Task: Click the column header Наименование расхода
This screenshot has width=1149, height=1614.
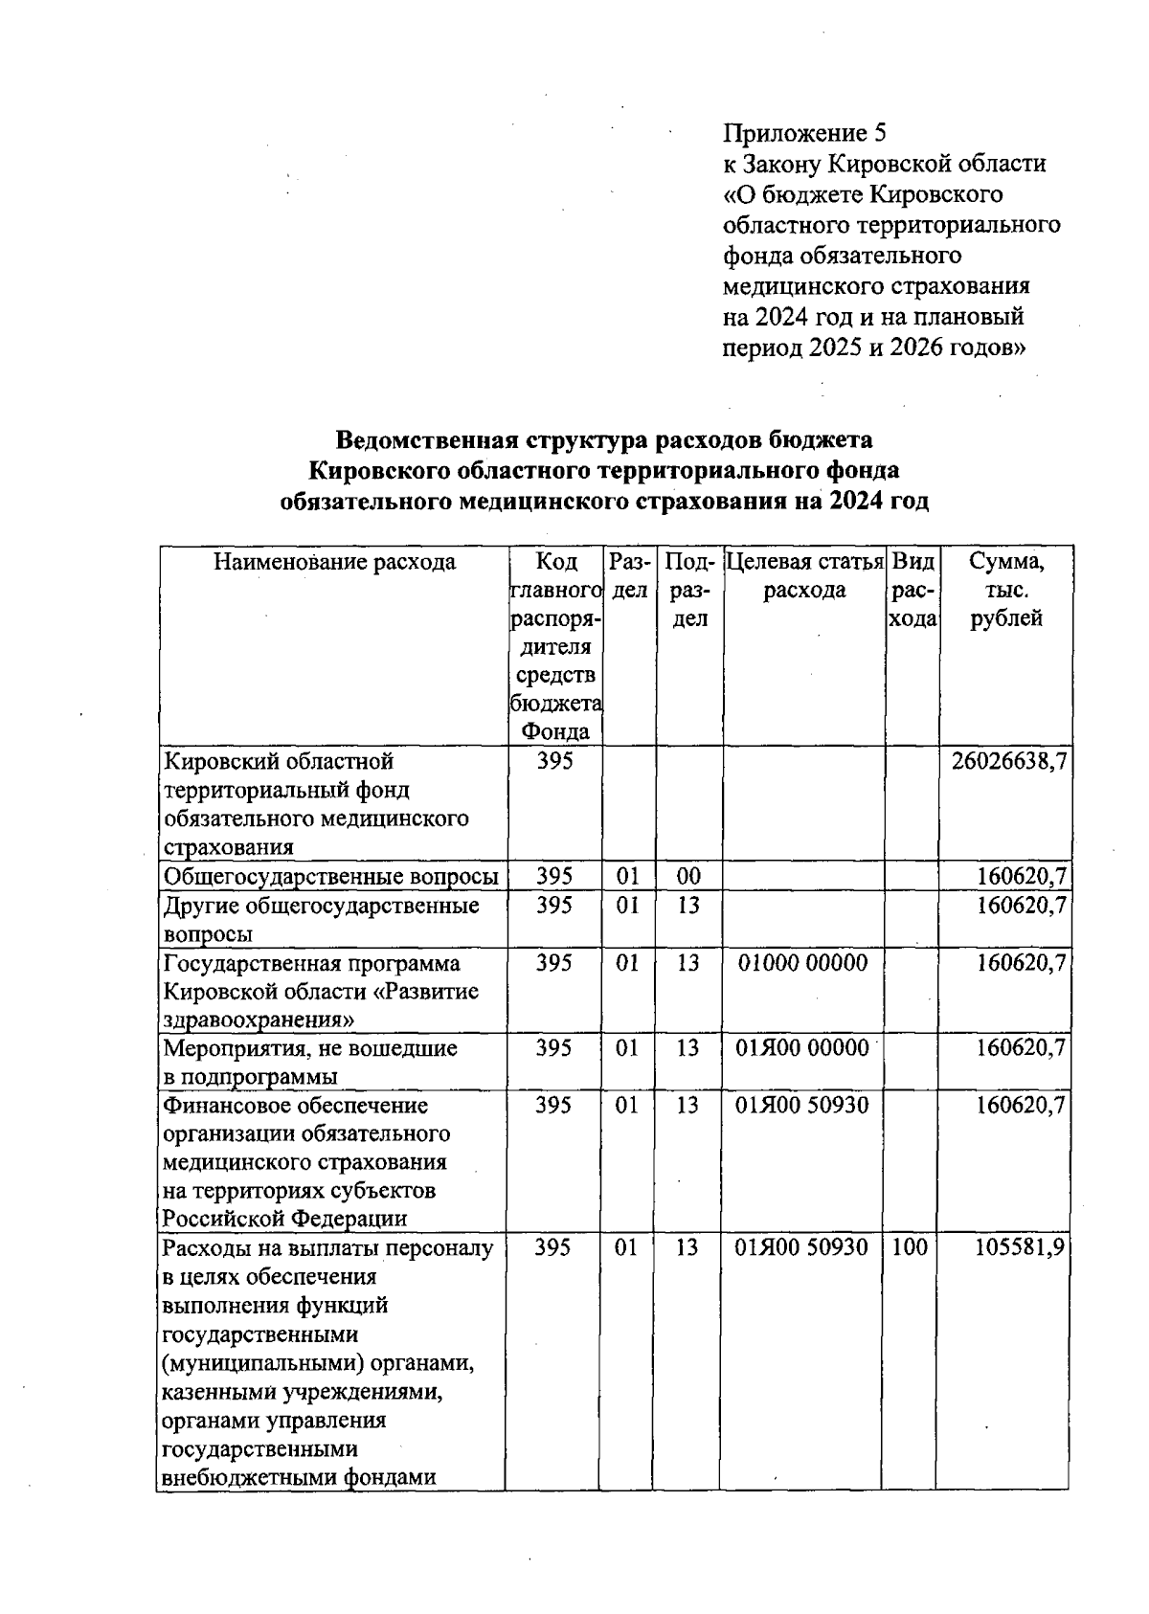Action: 333,562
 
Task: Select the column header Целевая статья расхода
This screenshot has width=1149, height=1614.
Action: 804,575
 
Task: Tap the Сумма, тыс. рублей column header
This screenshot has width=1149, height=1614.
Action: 1005,590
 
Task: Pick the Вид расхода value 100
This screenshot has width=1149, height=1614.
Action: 910,1248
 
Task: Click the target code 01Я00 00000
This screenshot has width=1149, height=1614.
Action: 802,1048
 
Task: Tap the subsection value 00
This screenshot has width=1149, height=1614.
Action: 687,877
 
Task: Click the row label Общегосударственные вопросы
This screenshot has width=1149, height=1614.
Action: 331,877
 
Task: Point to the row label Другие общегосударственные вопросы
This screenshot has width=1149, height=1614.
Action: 321,919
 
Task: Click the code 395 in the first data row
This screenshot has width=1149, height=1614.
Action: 553,762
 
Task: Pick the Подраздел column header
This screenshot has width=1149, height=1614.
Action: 688,590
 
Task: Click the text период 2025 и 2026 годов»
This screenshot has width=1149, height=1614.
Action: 873,347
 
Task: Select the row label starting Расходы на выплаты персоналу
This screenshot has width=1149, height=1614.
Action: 327,1248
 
